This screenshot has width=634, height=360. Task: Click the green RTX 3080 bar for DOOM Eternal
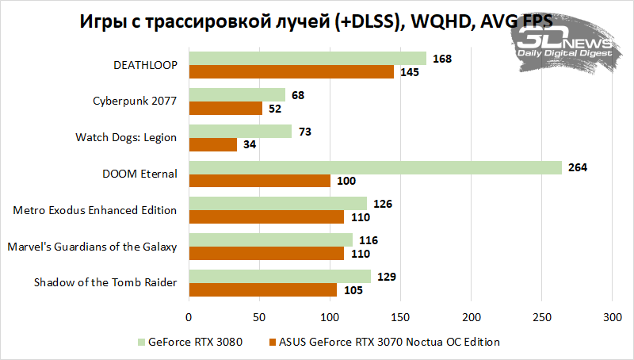pyautogui.click(x=375, y=167)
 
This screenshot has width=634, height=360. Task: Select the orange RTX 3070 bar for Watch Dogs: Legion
pyautogui.click(x=212, y=144)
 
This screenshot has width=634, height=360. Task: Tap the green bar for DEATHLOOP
pyautogui.click(x=307, y=59)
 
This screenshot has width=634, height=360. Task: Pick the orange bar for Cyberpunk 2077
pyautogui.click(x=225, y=109)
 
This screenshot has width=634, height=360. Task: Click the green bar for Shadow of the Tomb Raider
pyautogui.click(x=279, y=276)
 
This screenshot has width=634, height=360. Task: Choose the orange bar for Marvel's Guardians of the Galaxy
pyautogui.click(x=265, y=254)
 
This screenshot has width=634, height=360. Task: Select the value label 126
pyautogui.click(x=384, y=204)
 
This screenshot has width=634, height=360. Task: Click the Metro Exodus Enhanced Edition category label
pyautogui.click(x=95, y=210)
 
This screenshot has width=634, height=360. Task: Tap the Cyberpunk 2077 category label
pyautogui.click(x=135, y=101)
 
